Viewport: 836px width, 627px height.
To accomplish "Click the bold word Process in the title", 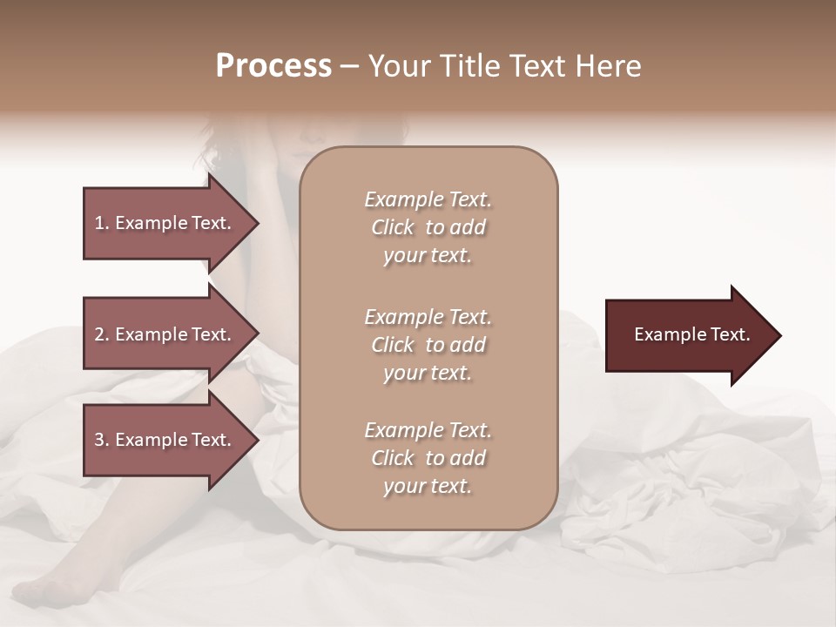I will click(273, 66).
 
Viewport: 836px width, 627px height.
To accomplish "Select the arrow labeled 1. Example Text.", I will click(165, 223).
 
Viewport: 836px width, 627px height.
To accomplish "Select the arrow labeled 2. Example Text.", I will click(165, 334).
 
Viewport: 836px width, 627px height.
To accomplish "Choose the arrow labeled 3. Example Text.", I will click(165, 440).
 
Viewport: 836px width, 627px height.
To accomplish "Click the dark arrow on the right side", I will click(688, 335).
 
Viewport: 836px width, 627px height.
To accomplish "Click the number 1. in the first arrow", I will click(102, 223).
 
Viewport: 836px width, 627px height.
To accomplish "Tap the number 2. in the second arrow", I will click(102, 334).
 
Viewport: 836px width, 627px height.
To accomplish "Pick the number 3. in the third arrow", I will click(102, 440).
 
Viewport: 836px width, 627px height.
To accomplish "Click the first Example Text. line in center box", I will click(428, 199).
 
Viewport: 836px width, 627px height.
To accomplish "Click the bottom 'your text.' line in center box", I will click(428, 486).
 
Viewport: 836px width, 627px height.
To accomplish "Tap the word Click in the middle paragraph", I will click(392, 345).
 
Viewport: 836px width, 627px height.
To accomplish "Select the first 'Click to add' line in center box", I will click(428, 227).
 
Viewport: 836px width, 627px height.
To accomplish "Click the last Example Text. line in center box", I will click(428, 430).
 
